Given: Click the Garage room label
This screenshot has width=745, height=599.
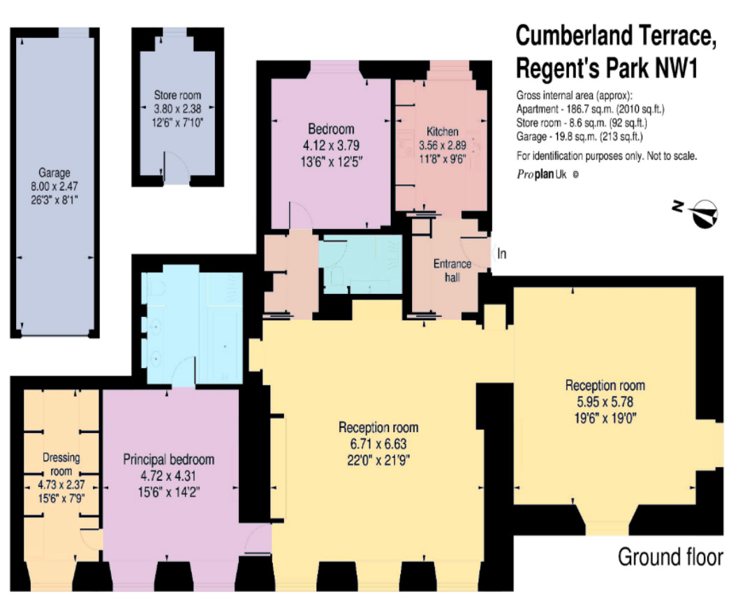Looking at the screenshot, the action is (54, 172).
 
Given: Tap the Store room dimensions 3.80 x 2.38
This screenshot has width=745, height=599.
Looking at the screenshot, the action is (177, 109).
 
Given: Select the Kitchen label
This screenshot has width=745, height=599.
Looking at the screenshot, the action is (443, 131).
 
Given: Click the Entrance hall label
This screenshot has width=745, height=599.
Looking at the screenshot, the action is (452, 270).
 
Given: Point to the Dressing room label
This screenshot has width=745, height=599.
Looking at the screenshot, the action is (61, 464).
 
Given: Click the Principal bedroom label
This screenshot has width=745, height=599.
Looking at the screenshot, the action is (169, 459).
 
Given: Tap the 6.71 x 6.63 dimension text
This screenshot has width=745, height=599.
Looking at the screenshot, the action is (378, 444).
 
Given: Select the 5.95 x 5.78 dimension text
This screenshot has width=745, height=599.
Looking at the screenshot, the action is (605, 402).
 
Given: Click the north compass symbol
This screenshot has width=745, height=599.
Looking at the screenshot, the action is (704, 214).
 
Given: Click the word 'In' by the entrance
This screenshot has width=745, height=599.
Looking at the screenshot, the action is (502, 253).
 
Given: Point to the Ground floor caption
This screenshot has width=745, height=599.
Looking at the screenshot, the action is (670, 556).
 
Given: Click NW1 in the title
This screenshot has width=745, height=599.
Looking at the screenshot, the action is (677, 68).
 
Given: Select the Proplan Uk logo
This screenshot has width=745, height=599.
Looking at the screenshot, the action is (547, 175).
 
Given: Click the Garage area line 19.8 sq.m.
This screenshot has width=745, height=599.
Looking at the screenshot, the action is (580, 137).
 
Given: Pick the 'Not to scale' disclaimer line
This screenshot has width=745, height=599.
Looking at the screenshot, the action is (607, 156).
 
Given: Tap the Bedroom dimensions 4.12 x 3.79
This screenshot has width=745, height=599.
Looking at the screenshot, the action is (331, 145).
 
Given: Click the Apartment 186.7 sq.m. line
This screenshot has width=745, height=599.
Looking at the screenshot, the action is (590, 109).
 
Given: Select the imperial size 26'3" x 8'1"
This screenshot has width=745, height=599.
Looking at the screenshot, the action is (54, 200).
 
